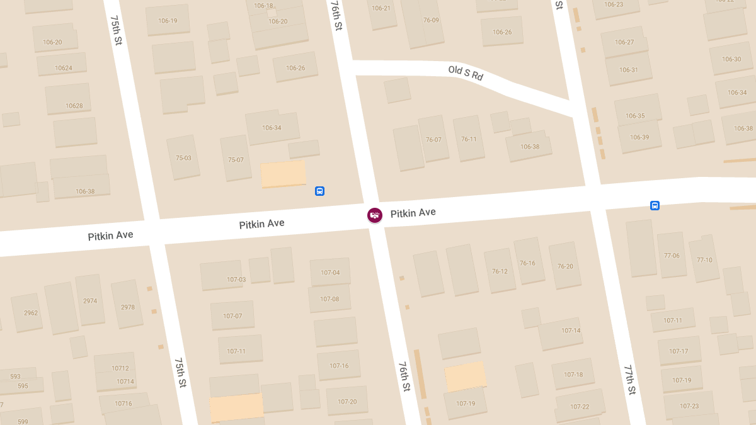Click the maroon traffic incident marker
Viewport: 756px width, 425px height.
(375, 215)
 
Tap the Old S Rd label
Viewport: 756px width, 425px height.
(466, 73)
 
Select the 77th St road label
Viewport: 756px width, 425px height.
(629, 379)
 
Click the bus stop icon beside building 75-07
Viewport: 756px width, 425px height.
(319, 191)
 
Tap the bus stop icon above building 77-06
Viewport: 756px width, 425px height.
(655, 205)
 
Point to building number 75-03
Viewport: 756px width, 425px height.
(183, 158)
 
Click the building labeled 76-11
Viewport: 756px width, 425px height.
(469, 139)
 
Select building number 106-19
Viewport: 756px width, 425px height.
(168, 21)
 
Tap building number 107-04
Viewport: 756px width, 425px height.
(329, 273)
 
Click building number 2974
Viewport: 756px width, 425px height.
(90, 301)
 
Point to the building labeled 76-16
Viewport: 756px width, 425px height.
(528, 263)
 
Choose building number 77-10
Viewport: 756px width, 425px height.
(704, 260)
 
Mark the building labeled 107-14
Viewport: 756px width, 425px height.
(571, 331)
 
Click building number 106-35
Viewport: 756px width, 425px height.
(635, 116)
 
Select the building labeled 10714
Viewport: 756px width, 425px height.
(125, 382)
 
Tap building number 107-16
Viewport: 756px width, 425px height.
(339, 366)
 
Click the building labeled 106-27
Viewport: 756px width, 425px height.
(624, 42)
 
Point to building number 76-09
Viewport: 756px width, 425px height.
(432, 20)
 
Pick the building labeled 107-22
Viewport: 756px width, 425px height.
(580, 407)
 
